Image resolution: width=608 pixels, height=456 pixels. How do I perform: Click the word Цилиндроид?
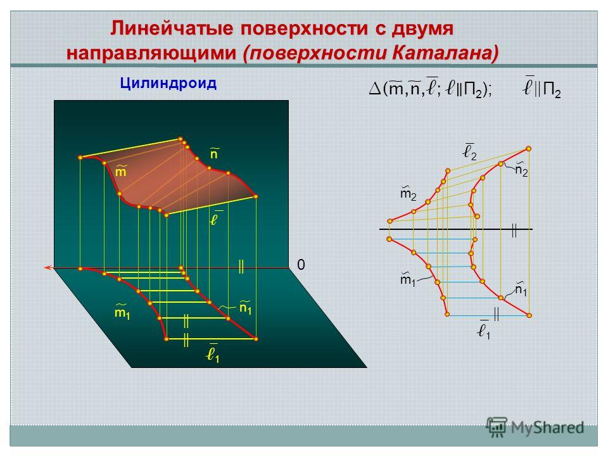168,84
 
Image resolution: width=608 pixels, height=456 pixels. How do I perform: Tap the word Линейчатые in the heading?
172,28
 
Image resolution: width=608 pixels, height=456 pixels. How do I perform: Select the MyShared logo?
535,427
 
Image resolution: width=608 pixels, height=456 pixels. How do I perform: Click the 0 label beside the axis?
301,265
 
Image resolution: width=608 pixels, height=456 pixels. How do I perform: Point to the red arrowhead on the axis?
48,267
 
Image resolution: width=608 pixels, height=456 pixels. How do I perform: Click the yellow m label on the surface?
120,170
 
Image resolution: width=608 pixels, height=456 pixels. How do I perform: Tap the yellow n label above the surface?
214,153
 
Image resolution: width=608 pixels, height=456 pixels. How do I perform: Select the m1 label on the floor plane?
122,312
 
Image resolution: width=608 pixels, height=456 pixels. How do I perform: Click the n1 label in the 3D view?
245,307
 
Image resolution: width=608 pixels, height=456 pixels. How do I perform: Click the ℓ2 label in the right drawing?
470,151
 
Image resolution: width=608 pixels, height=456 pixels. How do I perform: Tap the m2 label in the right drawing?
408,193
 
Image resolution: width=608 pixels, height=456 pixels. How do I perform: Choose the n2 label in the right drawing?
521,170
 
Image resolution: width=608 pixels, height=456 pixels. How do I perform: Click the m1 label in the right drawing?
407,279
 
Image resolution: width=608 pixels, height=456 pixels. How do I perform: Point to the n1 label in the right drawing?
521,289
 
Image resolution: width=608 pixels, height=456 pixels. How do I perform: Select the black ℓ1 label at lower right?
483,331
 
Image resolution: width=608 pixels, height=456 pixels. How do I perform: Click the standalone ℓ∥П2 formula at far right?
541,89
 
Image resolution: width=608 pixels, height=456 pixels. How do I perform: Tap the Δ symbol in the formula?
374,89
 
